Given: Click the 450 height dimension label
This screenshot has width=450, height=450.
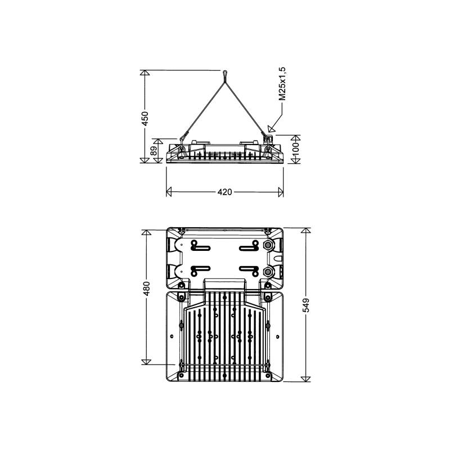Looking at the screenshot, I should [x=145, y=118].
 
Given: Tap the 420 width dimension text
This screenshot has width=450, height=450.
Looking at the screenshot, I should [x=224, y=192].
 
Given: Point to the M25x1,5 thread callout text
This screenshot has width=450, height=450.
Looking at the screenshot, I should [x=283, y=84].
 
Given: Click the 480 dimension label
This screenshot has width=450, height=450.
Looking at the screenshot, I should [x=146, y=288].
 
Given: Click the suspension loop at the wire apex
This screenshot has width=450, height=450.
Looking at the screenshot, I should [x=224, y=74].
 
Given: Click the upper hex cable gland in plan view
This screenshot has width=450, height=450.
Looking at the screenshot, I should [x=269, y=246].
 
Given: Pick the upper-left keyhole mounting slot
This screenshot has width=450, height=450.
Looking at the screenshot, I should [x=200, y=246].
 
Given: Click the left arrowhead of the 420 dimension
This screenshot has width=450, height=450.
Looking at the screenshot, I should [x=169, y=192].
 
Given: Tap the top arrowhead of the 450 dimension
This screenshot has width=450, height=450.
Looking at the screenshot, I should [x=145, y=73].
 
